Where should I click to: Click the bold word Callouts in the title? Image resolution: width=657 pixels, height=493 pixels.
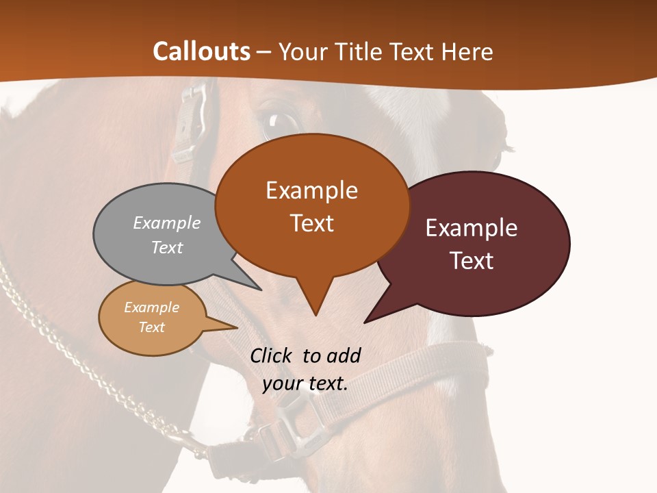point(201,51)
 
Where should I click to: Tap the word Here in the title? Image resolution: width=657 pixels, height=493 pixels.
point(468,51)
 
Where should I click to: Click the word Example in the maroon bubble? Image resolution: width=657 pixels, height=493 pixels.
point(472,228)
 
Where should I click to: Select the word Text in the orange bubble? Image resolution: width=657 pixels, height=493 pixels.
point(312,223)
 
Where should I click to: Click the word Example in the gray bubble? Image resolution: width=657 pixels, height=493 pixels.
point(167,223)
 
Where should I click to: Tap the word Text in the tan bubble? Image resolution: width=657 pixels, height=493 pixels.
point(152,327)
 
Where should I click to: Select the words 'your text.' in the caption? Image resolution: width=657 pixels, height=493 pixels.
point(305,383)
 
